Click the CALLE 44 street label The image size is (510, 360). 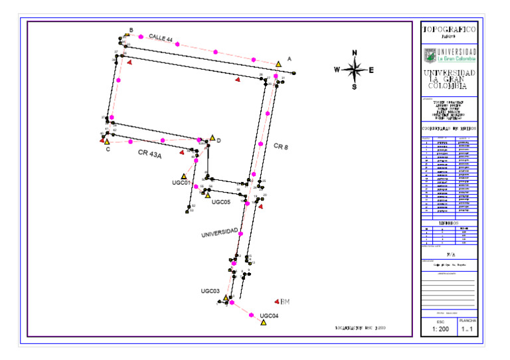[x=161, y=39]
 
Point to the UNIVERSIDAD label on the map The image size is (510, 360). [x=220, y=232]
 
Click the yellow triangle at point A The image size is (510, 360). [x=279, y=64]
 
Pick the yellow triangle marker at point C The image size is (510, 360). [x=106, y=141]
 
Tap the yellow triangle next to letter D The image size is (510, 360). [x=212, y=138]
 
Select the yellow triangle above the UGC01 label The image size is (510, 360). [x=184, y=177]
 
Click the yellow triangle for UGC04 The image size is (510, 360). [x=264, y=323]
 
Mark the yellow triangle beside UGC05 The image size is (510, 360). [x=208, y=195]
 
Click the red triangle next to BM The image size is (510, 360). [x=276, y=302]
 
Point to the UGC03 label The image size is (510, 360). [x=210, y=291]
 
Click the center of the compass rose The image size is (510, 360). [x=355, y=69]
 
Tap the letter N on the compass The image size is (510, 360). [x=355, y=53]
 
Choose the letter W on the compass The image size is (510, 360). [x=337, y=70]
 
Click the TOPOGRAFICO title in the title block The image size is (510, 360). [x=449, y=29]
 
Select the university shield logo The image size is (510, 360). [x=430, y=54]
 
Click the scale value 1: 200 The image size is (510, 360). [x=439, y=329]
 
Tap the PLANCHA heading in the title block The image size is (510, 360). [x=468, y=320]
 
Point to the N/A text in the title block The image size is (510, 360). [x=450, y=254]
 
